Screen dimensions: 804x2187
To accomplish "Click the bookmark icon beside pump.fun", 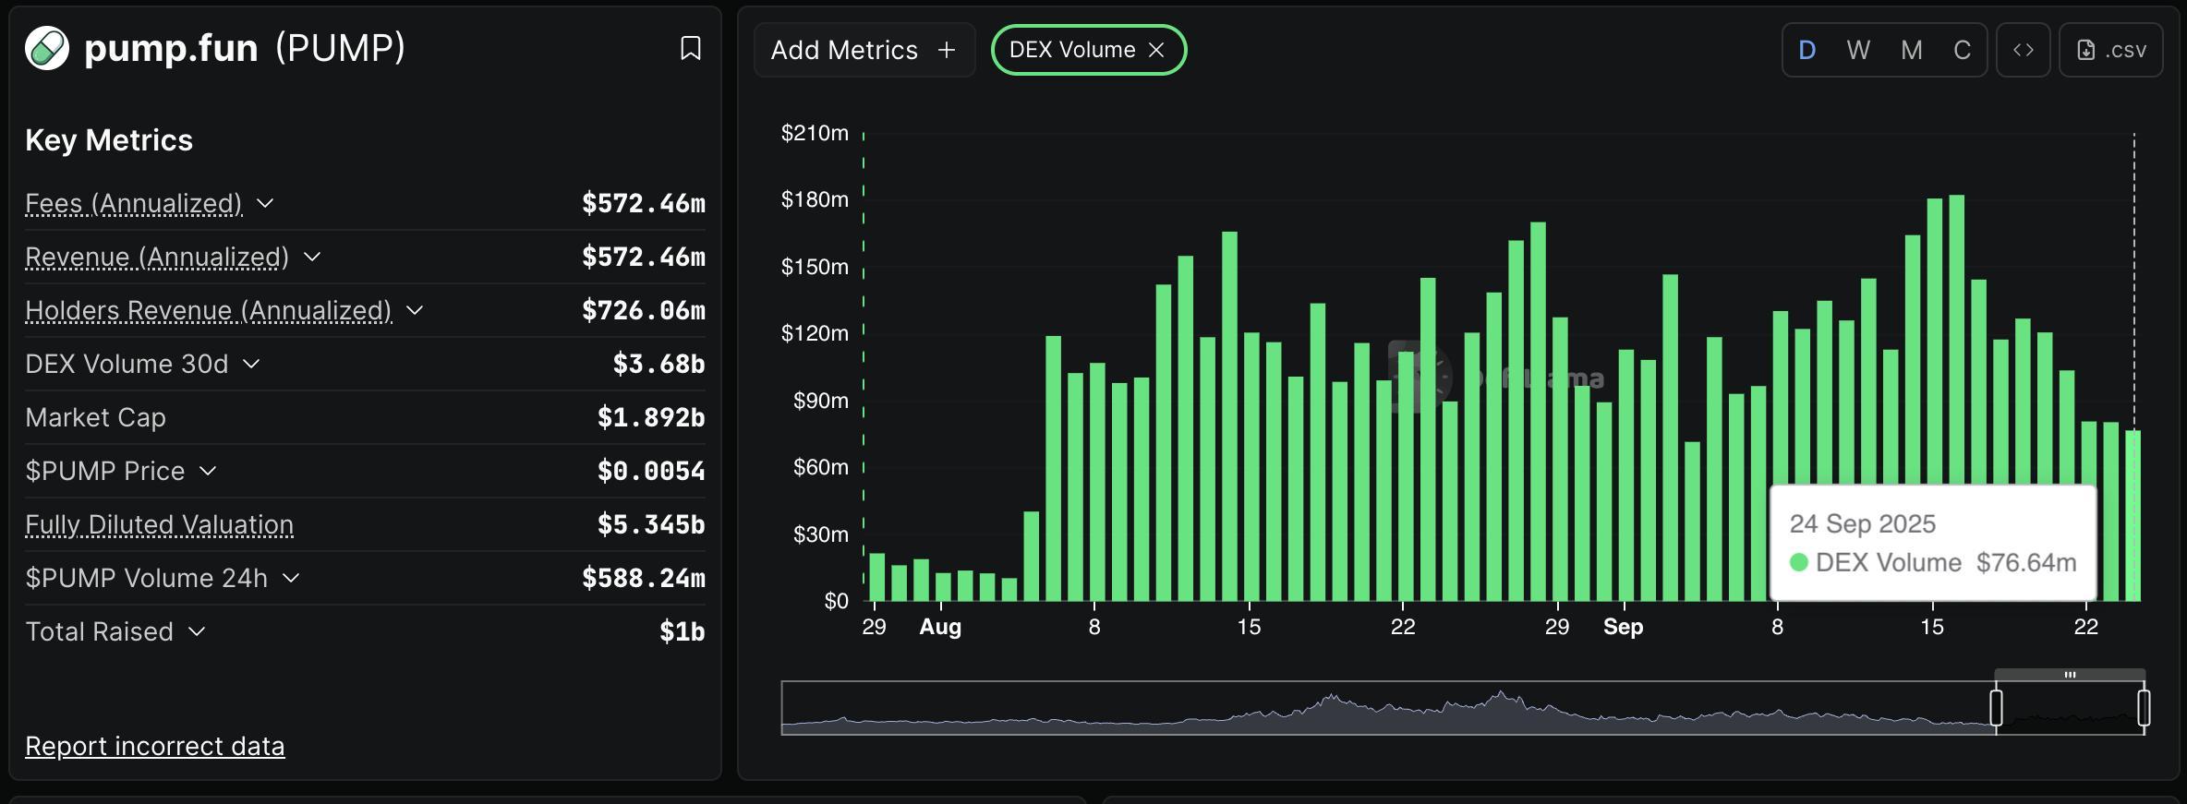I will pos(690,49).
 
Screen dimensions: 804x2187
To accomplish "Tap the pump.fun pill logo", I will pos(47,48).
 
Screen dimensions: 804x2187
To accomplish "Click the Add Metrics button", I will pos(864,50).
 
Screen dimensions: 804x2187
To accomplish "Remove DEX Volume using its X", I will pos(1156,50).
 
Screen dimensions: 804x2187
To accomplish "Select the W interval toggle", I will pos(1858,50).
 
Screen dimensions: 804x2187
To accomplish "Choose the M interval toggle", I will pos(1912,50).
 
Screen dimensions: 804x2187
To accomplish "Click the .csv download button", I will pos(2111,50).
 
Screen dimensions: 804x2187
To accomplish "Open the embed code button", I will pos(2024,50).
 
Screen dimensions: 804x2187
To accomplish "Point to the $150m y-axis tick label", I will pos(815,267).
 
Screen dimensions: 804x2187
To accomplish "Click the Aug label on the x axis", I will pos(940,627).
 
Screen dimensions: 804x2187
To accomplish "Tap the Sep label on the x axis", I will pos(1623,627).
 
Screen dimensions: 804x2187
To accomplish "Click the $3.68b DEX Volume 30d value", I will pos(659,364).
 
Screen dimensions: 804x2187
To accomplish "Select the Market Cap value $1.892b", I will pos(651,417).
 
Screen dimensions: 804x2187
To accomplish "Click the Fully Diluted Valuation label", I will pos(159,524).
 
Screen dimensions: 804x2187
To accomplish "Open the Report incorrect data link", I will pos(154,746).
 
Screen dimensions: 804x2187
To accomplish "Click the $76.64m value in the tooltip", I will pos(2026,562).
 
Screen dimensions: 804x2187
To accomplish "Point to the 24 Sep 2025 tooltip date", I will pos(1862,523).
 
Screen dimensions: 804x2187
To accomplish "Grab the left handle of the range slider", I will pos(1996,708).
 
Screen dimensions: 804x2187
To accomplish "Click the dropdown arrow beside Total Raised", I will pos(197,631).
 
